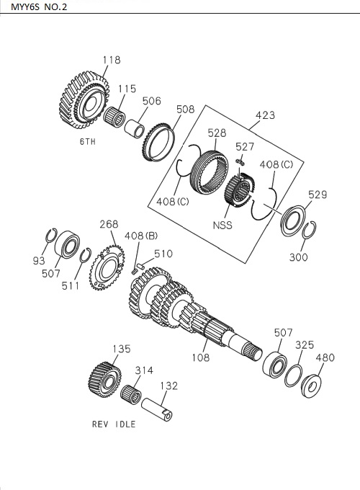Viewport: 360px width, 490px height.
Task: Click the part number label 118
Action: [112, 60]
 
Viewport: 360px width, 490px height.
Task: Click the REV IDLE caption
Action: [114, 424]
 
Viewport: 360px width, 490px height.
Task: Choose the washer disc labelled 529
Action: [293, 219]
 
